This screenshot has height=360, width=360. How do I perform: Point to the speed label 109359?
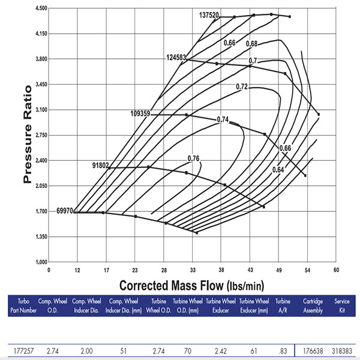point(141,113)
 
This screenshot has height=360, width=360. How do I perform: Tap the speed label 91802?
point(102,165)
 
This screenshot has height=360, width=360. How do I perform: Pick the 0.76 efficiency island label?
point(193,159)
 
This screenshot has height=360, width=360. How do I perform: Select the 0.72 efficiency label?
point(242,87)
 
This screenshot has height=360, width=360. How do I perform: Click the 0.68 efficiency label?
point(251,44)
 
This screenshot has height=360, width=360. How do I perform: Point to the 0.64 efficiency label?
point(278,170)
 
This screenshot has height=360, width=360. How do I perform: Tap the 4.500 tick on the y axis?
point(41,8)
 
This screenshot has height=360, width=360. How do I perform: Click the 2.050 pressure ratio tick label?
point(41,186)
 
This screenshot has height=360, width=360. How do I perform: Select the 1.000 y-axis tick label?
point(41,262)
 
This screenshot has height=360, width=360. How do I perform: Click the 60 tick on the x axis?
point(337,269)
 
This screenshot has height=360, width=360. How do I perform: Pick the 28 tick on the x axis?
point(164,269)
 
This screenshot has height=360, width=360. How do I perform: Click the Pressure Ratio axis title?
point(27,136)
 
